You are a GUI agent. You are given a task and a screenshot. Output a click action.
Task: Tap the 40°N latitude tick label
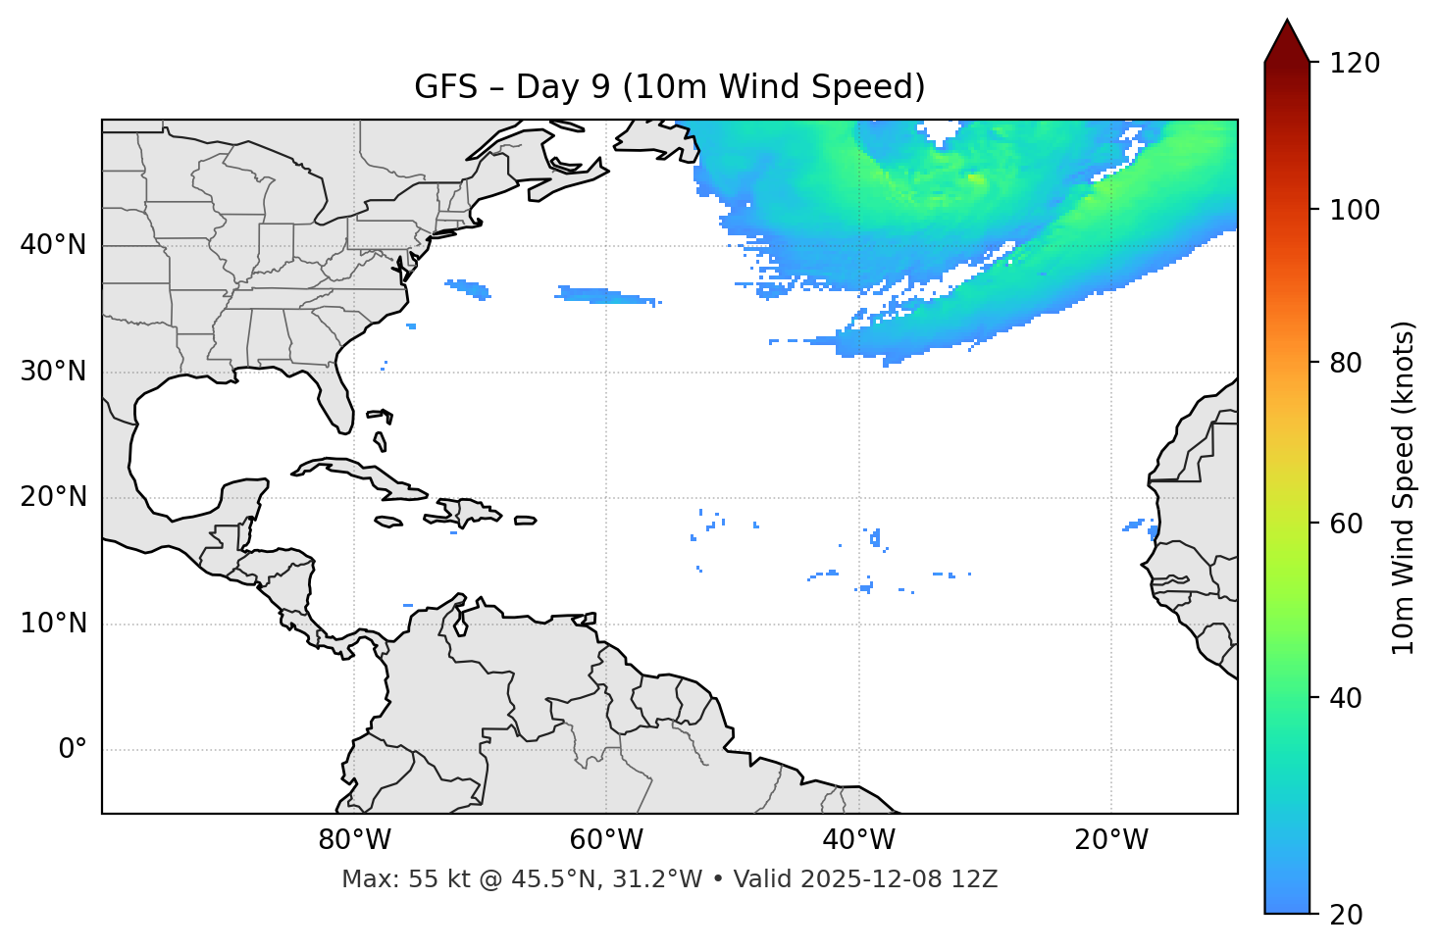(x=53, y=245)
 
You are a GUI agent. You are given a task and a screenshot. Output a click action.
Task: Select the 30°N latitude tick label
(x=53, y=372)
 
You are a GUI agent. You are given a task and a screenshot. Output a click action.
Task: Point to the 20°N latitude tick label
(x=53, y=497)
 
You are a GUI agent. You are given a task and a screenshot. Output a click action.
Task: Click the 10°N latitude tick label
(x=53, y=624)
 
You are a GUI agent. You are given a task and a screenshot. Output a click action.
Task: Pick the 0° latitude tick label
(x=72, y=750)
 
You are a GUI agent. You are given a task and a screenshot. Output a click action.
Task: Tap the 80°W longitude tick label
(x=354, y=840)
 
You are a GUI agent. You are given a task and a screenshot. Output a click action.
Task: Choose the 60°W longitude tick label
(x=606, y=840)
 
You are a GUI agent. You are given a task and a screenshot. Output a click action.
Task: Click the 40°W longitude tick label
(x=858, y=840)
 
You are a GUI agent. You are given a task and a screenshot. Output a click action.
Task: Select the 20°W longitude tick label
(x=1111, y=840)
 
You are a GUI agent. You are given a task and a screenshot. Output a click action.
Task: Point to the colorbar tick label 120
(x=1355, y=64)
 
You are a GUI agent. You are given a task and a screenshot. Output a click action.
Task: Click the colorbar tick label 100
(x=1355, y=210)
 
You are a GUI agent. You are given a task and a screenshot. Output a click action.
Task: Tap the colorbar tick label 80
(x=1348, y=363)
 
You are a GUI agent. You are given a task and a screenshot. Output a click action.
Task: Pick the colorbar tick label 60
(x=1348, y=524)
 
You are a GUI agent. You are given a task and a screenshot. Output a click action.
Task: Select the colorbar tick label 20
(x=1348, y=915)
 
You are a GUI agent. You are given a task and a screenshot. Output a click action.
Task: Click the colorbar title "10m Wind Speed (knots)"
(x=1404, y=487)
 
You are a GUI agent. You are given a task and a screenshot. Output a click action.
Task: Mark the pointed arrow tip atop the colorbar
(x=1287, y=22)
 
